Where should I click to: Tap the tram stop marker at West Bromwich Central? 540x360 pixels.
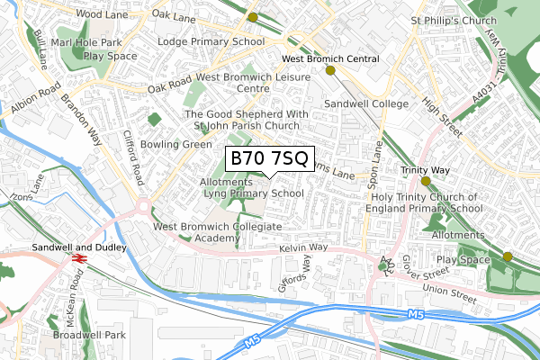pyautogui.click(x=330, y=70)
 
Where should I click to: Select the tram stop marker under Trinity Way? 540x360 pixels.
pyautogui.click(x=426, y=180)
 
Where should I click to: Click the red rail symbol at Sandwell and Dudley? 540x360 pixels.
pyautogui.click(x=78, y=258)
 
